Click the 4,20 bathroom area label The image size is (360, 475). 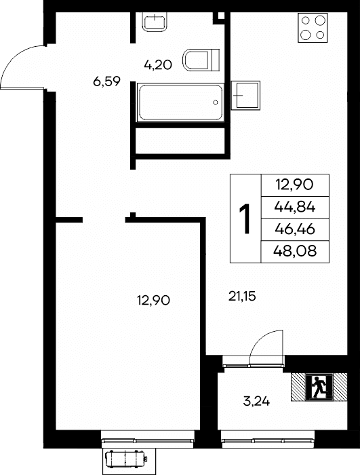pyautogui.click(x=158, y=65)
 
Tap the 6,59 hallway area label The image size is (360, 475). pyautogui.click(x=106, y=81)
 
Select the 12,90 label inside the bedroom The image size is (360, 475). pyautogui.click(x=153, y=301)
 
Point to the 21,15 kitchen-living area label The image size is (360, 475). pyautogui.click(x=242, y=297)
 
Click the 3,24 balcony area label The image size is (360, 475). pyautogui.click(x=256, y=402)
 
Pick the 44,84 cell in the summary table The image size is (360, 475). pyautogui.click(x=295, y=207)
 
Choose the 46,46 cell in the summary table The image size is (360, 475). pyautogui.click(x=295, y=229)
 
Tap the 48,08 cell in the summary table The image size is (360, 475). pyautogui.click(x=295, y=251)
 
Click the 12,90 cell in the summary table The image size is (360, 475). pyautogui.click(x=294, y=185)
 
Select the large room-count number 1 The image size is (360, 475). pyautogui.click(x=245, y=218)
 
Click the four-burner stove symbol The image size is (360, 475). pyautogui.click(x=313, y=28)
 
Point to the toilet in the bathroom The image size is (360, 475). pyautogui.click(x=201, y=60)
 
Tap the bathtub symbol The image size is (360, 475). pyautogui.click(x=180, y=102)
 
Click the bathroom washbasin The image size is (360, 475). pyautogui.click(x=155, y=21)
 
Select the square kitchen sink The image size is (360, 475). pyautogui.click(x=246, y=96)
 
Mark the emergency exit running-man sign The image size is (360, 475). pyautogui.click(x=319, y=387)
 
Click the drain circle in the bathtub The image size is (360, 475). pyautogui.click(x=216, y=102)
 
